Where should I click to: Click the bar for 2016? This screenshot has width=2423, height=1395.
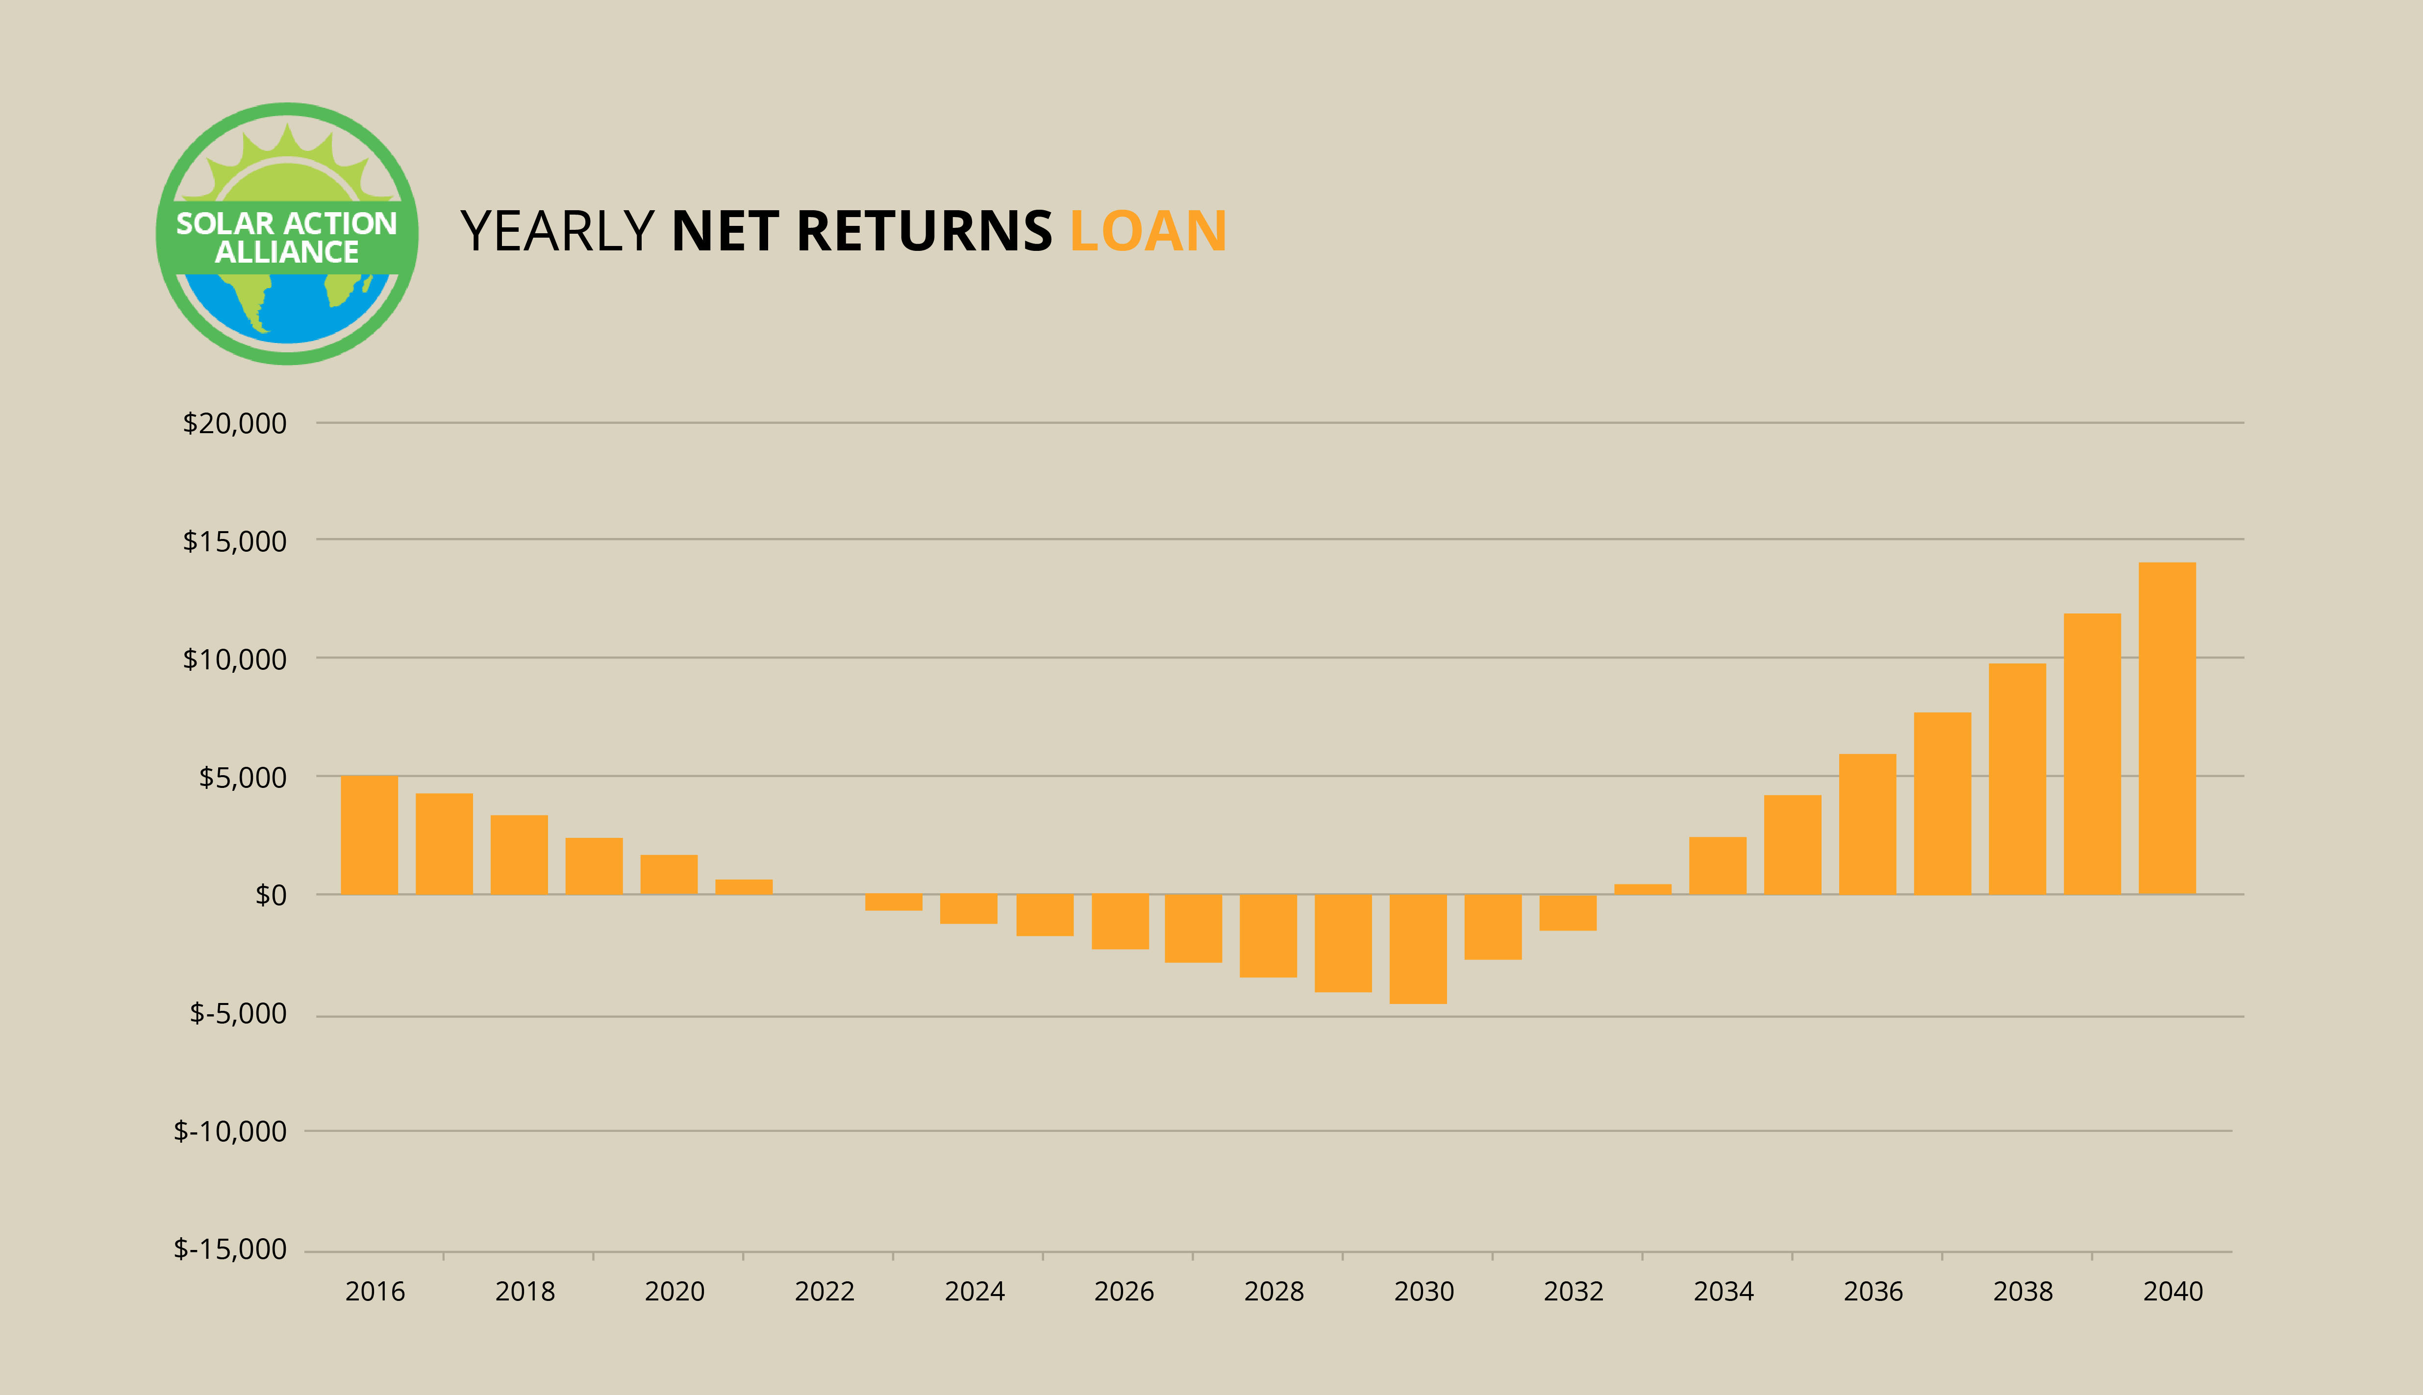pos(369,834)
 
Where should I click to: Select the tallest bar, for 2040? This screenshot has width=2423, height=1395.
pos(2167,728)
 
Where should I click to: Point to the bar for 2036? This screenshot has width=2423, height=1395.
pos(1867,824)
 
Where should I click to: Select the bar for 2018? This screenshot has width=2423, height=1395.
pos(519,855)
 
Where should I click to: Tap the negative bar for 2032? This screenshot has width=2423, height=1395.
pos(1568,912)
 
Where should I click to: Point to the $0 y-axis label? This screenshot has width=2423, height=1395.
pos(270,895)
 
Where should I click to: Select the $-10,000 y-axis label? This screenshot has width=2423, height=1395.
pos(230,1131)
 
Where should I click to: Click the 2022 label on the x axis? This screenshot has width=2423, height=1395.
pos(824,1292)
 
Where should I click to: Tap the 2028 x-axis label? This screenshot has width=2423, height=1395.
pos(1274,1292)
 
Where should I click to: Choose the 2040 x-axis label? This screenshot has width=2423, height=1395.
pos(2173,1292)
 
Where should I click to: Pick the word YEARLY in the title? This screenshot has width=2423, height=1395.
pos(557,231)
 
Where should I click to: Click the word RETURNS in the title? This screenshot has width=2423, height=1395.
pos(924,231)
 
